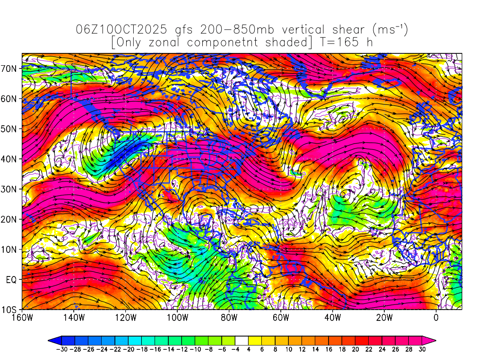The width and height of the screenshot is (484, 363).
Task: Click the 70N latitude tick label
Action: click(11, 68)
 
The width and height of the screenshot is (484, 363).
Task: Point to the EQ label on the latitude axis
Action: click(12, 279)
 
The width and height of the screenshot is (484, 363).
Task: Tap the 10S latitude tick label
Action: click(11, 310)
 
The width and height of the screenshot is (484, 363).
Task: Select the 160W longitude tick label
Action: click(22, 317)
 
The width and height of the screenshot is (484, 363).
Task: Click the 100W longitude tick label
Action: click(177, 317)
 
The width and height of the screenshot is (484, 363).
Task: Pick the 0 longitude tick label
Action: click(436, 317)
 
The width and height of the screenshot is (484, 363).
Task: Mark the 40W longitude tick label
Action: click(333, 317)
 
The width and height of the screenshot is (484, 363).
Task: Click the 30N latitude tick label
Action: click(11, 189)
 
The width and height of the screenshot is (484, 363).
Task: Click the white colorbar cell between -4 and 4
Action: click(242, 340)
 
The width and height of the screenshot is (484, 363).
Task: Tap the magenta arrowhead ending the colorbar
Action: click(431, 340)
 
